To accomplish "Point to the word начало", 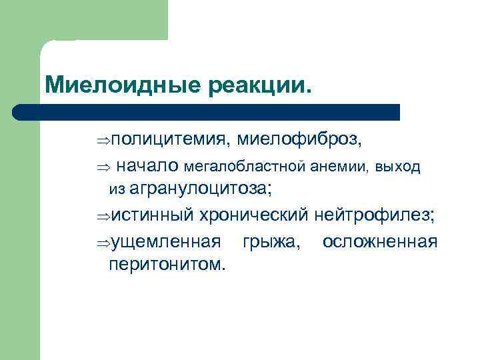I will (x=147, y=165).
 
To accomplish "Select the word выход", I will (x=399, y=166).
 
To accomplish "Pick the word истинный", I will (x=152, y=215).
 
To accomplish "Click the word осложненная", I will (x=380, y=241).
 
